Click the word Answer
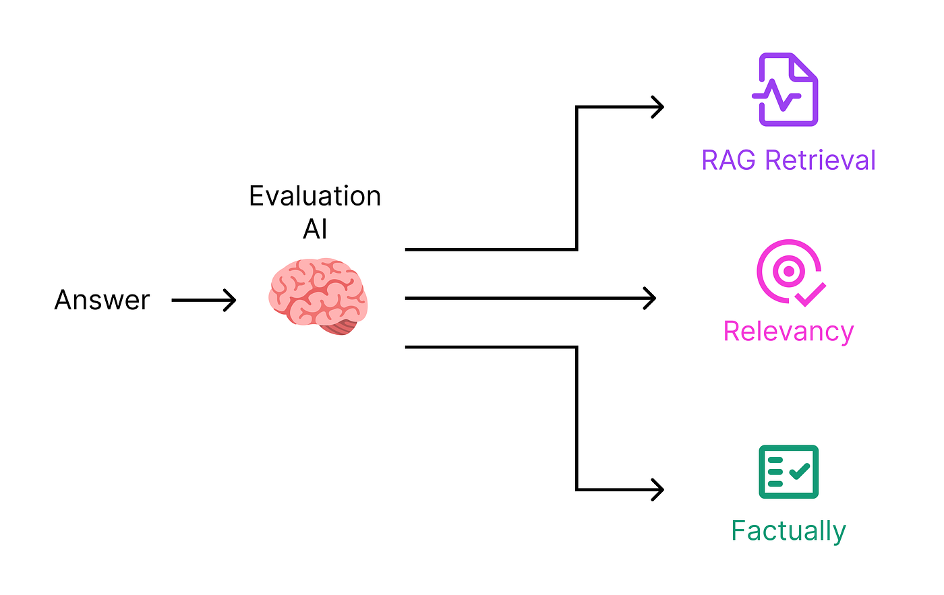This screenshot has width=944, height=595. (x=102, y=300)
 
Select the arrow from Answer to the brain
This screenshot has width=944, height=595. (x=204, y=301)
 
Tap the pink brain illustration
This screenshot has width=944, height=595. (x=318, y=296)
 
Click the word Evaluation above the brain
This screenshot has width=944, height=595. (x=316, y=196)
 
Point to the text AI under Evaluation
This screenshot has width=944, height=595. (x=316, y=229)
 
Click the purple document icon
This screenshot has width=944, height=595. (x=786, y=89)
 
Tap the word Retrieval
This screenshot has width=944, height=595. (x=820, y=160)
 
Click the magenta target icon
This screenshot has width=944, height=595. (x=791, y=273)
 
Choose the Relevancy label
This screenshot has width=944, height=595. (x=788, y=332)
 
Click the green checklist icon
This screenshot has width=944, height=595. (x=788, y=472)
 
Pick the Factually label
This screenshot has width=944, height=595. (x=788, y=531)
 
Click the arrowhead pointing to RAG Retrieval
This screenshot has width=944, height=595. (x=658, y=107)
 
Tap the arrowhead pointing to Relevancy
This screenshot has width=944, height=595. (x=650, y=298)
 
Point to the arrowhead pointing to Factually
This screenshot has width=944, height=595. (x=658, y=490)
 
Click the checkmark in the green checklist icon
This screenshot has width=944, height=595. (x=800, y=471)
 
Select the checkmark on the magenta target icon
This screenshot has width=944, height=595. (x=810, y=294)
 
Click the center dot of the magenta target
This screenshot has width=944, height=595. (x=789, y=271)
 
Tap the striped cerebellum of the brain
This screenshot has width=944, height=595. (x=340, y=327)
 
